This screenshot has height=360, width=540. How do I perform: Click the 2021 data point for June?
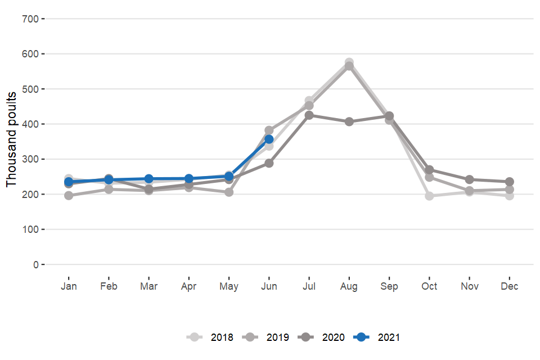(269, 139)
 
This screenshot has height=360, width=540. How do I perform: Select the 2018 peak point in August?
(349, 62)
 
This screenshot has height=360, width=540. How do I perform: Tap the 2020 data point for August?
(349, 121)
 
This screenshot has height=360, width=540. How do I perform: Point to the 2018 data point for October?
(430, 196)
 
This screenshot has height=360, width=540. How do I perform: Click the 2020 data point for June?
(269, 163)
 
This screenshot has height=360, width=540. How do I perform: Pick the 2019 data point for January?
(69, 196)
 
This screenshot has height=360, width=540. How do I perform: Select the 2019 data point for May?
(229, 192)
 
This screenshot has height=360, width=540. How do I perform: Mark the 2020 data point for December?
(510, 182)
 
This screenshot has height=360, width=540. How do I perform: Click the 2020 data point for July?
(309, 115)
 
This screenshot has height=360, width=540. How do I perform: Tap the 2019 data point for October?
(430, 177)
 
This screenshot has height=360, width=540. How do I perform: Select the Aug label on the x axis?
(349, 286)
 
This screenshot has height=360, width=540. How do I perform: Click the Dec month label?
(510, 286)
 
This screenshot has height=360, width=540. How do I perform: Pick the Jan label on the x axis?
(69, 286)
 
